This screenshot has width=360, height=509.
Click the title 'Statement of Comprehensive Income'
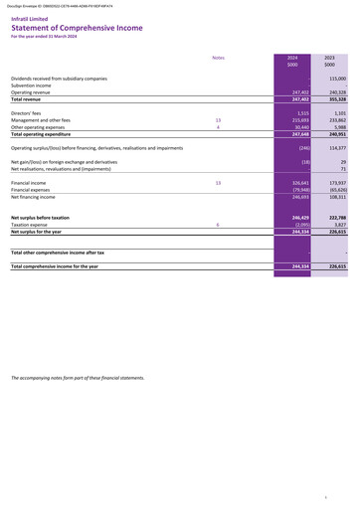coord(76,28)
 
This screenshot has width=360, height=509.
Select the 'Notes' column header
coord(219,58)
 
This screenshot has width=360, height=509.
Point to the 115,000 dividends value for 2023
coord(335,78)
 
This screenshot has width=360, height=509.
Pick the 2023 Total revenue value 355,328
coord(335,100)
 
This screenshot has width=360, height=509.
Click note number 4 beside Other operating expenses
coord(217,128)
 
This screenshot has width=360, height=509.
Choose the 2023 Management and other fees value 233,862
coord(335,121)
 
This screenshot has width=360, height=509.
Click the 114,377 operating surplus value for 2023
coord(335,147)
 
